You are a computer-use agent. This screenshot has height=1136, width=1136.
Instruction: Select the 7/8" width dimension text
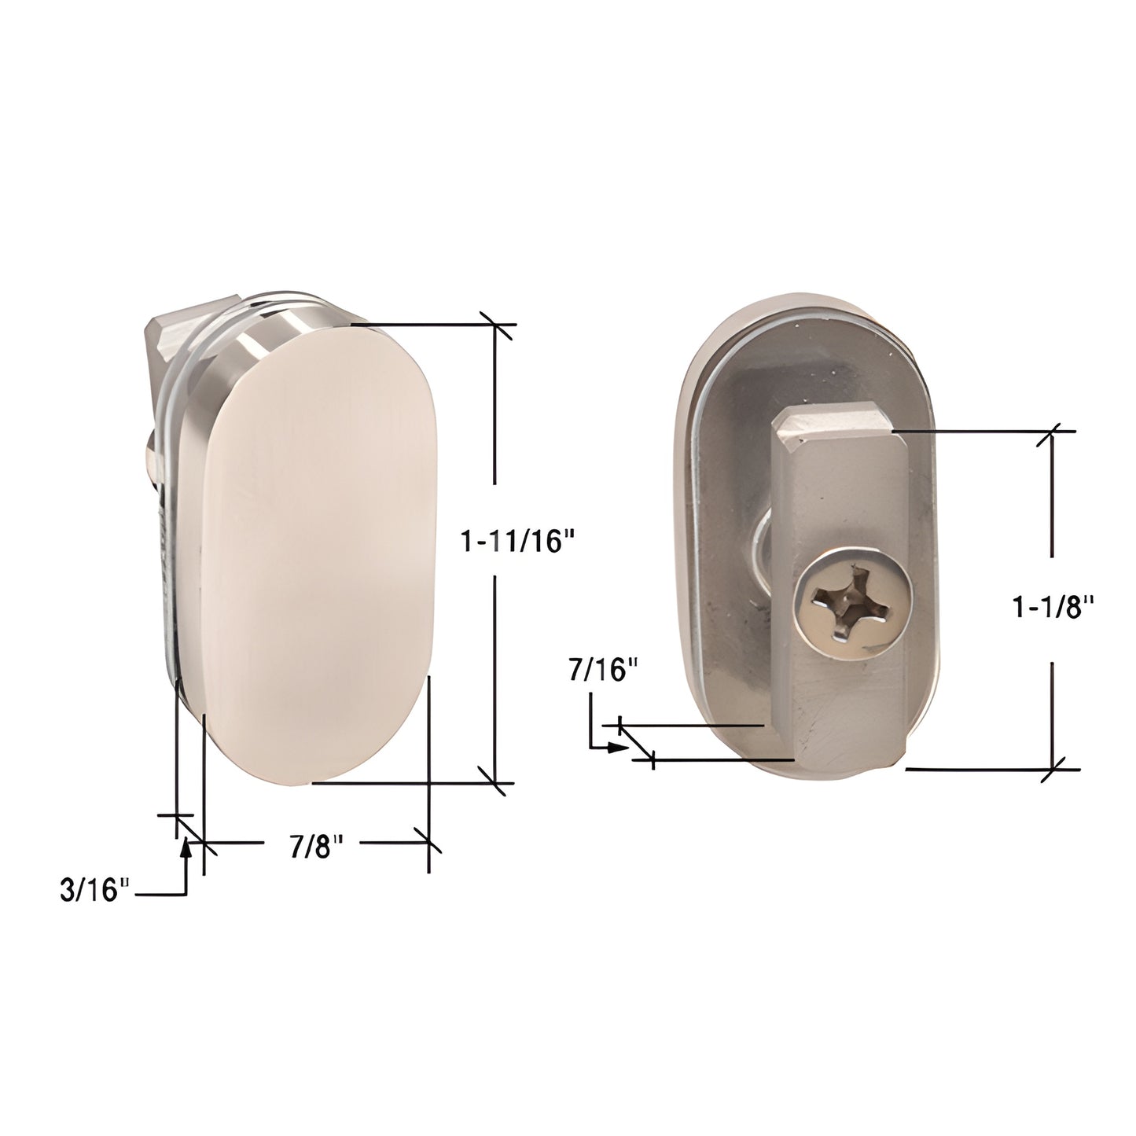[x=317, y=847]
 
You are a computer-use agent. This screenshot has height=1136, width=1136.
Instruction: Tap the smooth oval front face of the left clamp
[x=318, y=550]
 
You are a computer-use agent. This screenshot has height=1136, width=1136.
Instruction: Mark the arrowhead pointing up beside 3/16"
[x=186, y=846]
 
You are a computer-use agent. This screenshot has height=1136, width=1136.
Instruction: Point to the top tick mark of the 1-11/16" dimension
[x=494, y=324]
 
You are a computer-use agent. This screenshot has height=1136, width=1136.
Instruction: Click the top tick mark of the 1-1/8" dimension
[x=1053, y=431]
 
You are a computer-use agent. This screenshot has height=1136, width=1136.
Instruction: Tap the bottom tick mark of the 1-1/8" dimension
[x=1053, y=768]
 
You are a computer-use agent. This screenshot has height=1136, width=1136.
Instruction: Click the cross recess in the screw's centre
[x=851, y=604]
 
